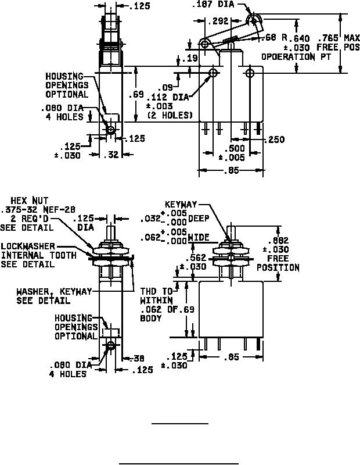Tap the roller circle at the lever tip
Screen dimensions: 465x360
254,21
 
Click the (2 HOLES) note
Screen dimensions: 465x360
168,115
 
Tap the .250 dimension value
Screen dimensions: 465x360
274,140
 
